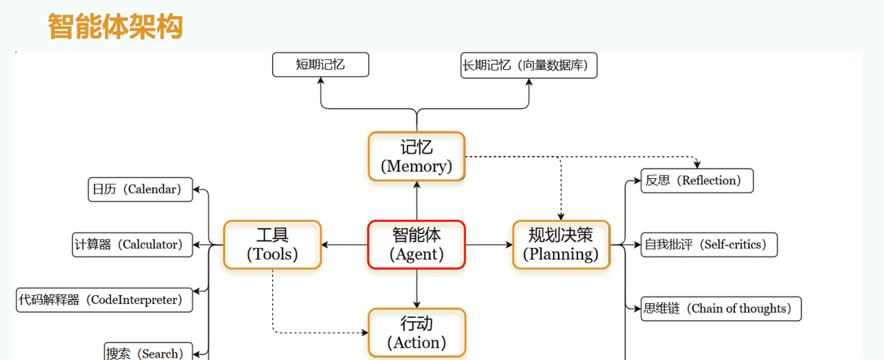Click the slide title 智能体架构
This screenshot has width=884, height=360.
pos(115,27)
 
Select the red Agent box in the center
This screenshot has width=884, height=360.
pos(416,245)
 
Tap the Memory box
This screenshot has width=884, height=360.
pos(416,157)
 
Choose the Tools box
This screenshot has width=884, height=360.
pos(272,245)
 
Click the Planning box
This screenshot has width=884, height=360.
pos(561,245)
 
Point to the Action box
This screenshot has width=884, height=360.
pos(416,332)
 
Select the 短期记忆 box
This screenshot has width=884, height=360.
pos(320,65)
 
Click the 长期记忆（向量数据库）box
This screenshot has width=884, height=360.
pos(529,66)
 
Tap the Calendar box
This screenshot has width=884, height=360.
pos(140,189)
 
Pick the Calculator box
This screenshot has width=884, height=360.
pos(133,245)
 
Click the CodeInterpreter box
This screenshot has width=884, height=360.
pos(104,300)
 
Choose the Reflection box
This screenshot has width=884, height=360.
pos(697,180)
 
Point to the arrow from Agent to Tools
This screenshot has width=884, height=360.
pos(345,245)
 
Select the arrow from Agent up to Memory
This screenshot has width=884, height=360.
pos(416,200)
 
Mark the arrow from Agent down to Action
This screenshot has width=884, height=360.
pos(416,289)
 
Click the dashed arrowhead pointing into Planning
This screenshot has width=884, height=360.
pos(561,215)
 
